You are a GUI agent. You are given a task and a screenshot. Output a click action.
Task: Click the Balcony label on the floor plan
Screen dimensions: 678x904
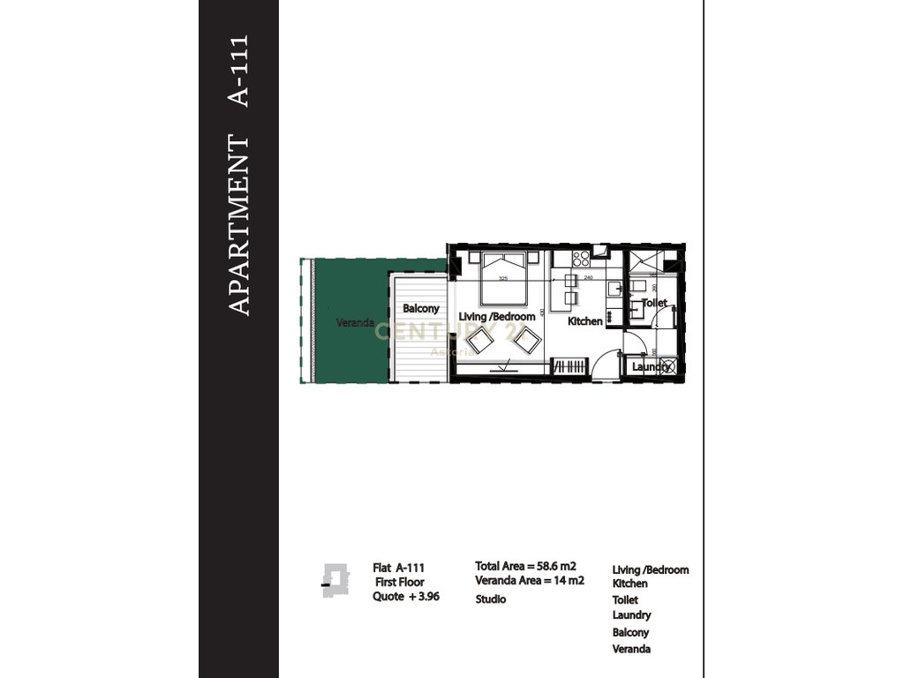(x=421, y=309)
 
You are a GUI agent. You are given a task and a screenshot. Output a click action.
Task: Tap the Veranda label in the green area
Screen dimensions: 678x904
(x=355, y=323)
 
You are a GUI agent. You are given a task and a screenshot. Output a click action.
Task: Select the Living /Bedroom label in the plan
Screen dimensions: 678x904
(x=497, y=316)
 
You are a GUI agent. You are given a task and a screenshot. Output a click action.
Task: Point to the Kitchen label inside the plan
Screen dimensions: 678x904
(x=584, y=321)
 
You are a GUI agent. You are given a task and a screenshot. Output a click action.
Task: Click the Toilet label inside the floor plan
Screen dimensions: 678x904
(x=654, y=303)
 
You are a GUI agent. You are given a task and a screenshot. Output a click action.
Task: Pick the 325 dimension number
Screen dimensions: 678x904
(x=503, y=279)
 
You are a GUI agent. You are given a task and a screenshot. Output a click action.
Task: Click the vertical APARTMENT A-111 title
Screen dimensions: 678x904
(x=239, y=175)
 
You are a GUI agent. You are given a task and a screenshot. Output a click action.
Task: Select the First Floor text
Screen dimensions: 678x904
(x=398, y=583)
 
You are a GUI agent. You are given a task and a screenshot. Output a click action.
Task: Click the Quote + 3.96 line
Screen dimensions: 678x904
(x=405, y=597)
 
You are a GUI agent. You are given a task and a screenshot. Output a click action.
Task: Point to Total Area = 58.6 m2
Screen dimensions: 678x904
(x=525, y=566)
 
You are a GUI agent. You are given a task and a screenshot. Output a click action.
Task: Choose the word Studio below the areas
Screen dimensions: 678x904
(x=491, y=599)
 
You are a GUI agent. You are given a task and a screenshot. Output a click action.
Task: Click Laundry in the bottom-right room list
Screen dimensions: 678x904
(x=631, y=615)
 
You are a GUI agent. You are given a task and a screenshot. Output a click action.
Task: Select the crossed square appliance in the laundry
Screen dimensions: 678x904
(x=669, y=366)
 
